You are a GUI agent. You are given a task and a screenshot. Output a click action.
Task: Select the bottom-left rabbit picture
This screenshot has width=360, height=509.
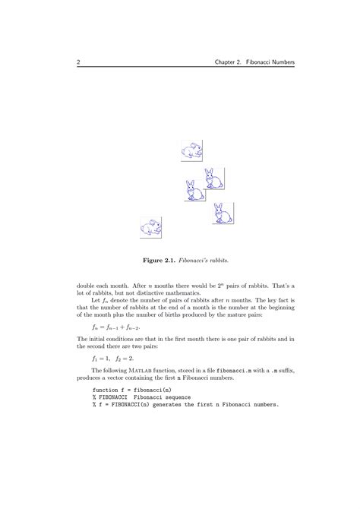(x=151, y=226)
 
